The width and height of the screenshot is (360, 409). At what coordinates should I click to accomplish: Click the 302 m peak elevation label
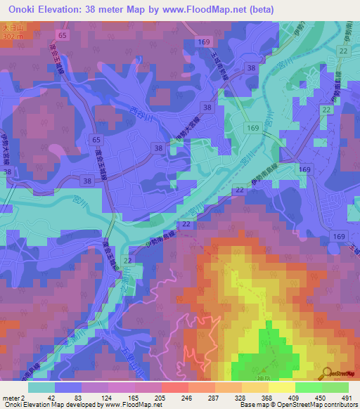[10, 36]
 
